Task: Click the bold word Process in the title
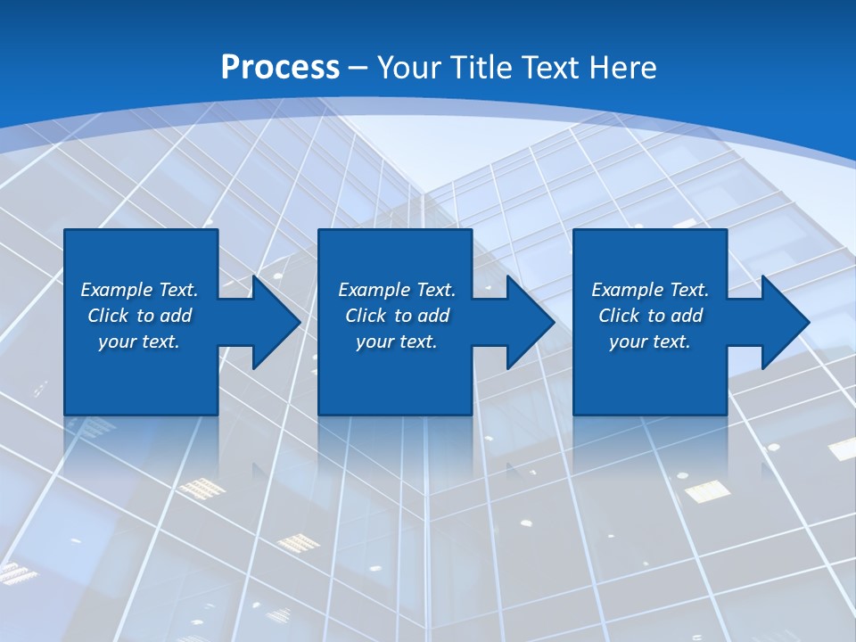(280, 68)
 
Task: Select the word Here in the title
(623, 68)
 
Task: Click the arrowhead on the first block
(275, 322)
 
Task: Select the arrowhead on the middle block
(529, 322)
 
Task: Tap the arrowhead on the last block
(784, 322)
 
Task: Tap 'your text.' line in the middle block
(396, 342)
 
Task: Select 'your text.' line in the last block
(649, 342)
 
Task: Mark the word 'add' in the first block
(177, 316)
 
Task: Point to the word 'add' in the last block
(687, 316)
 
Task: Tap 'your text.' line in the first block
(139, 342)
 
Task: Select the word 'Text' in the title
(548, 68)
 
